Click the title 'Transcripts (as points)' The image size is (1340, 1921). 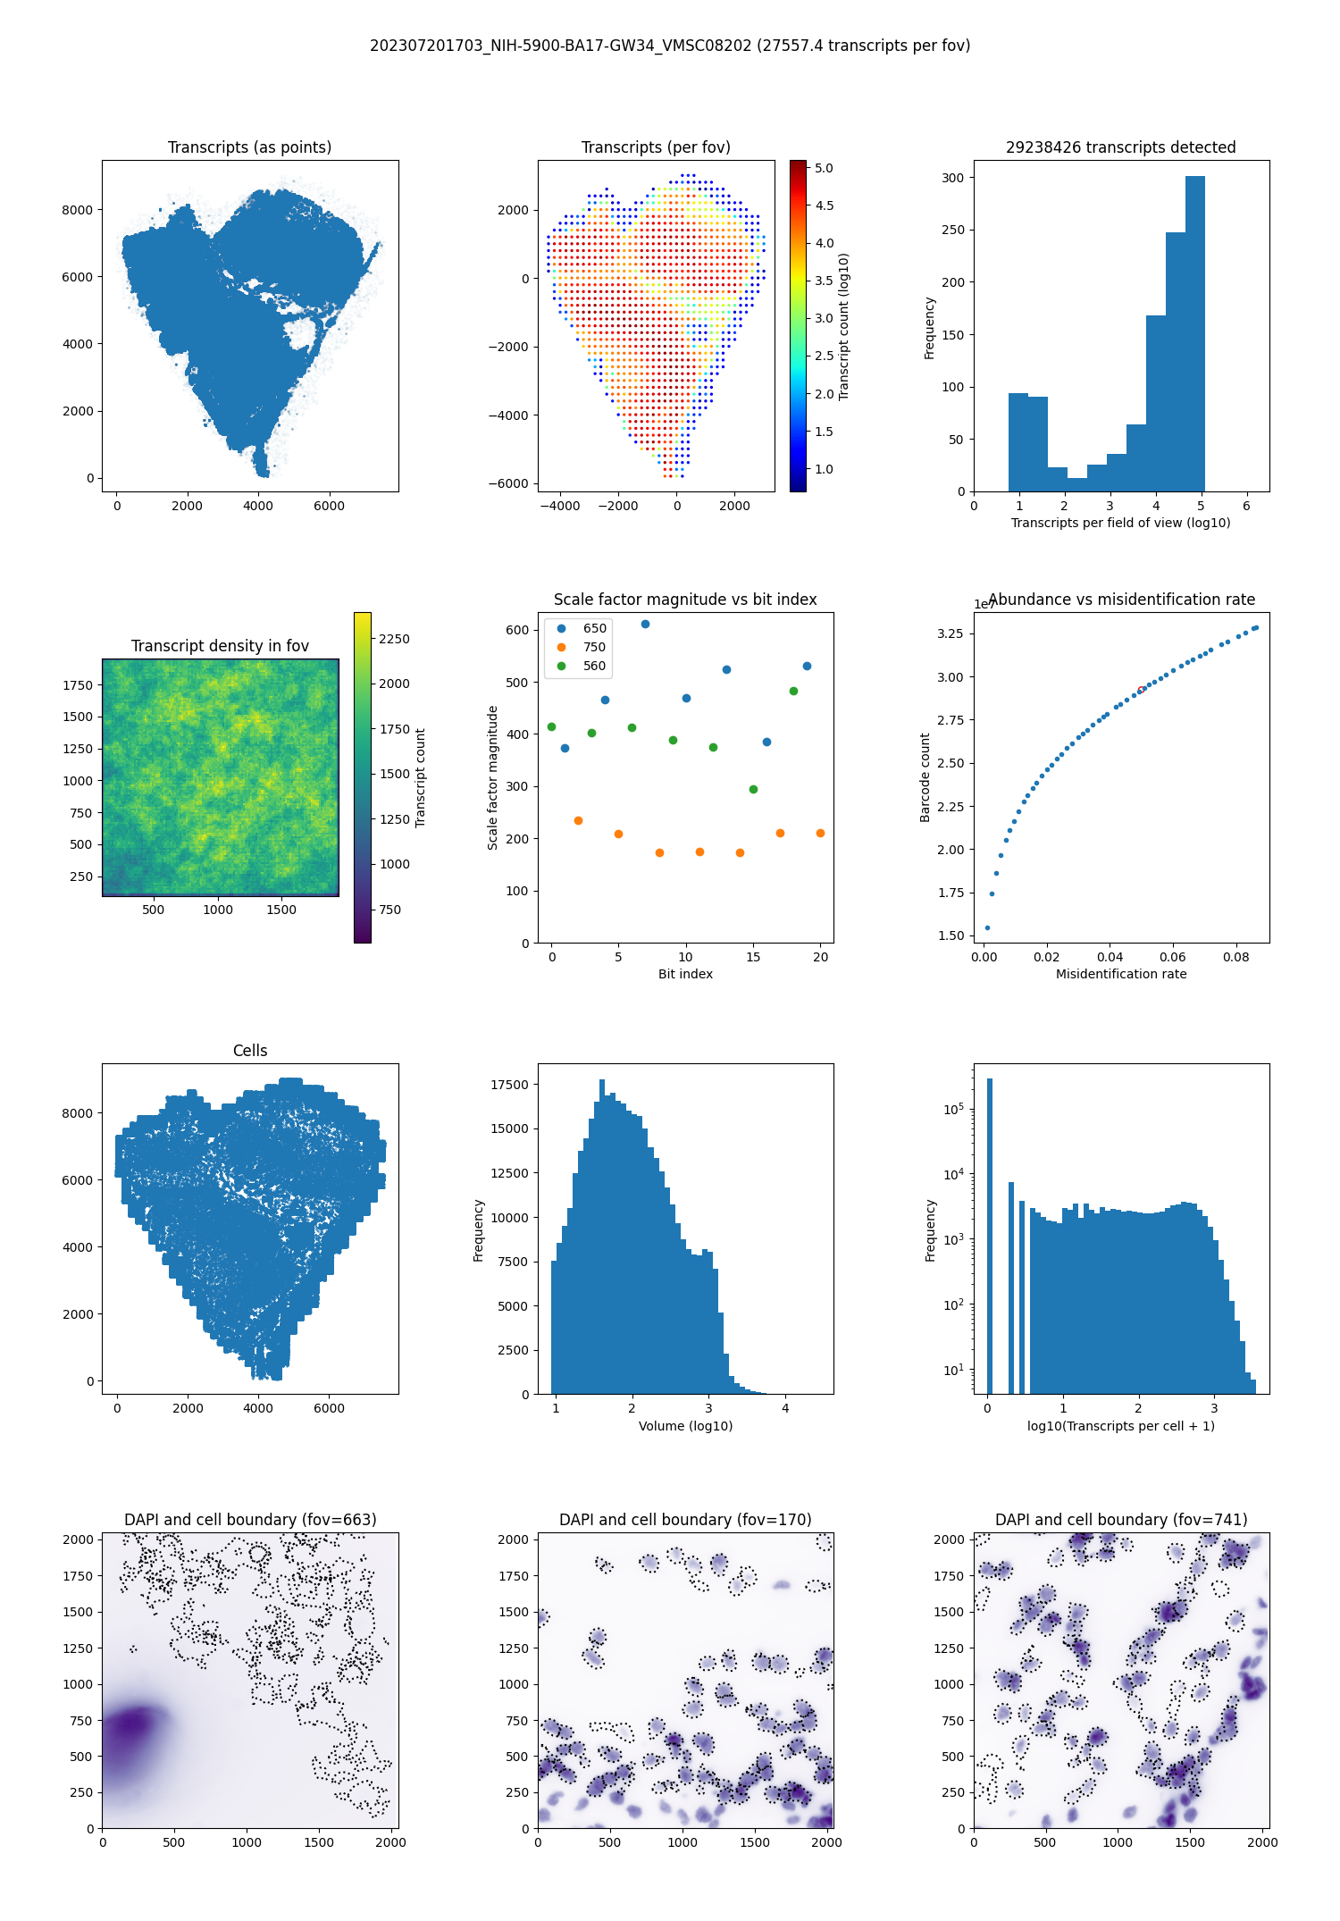pyautogui.click(x=249, y=147)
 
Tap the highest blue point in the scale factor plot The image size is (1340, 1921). pyautogui.click(x=645, y=625)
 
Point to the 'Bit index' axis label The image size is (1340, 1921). pyautogui.click(x=685, y=974)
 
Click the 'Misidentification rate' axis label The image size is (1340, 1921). pyautogui.click(x=1121, y=974)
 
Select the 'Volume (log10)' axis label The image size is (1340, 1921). pyautogui.click(x=685, y=1426)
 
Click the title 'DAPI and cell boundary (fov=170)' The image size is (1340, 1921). pyautogui.click(x=685, y=1520)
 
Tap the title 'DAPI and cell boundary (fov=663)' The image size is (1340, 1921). pyautogui.click(x=250, y=1520)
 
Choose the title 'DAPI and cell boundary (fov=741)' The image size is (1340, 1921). pyautogui.click(x=1121, y=1520)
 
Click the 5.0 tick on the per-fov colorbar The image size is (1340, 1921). pyautogui.click(x=823, y=168)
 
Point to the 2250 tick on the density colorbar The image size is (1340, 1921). pyautogui.click(x=394, y=639)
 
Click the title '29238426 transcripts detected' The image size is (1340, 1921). pyautogui.click(x=1121, y=147)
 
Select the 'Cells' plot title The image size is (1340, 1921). pyautogui.click(x=250, y=1051)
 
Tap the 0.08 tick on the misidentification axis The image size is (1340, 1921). pyautogui.click(x=1236, y=957)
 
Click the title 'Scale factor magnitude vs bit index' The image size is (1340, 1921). pyautogui.click(x=685, y=600)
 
